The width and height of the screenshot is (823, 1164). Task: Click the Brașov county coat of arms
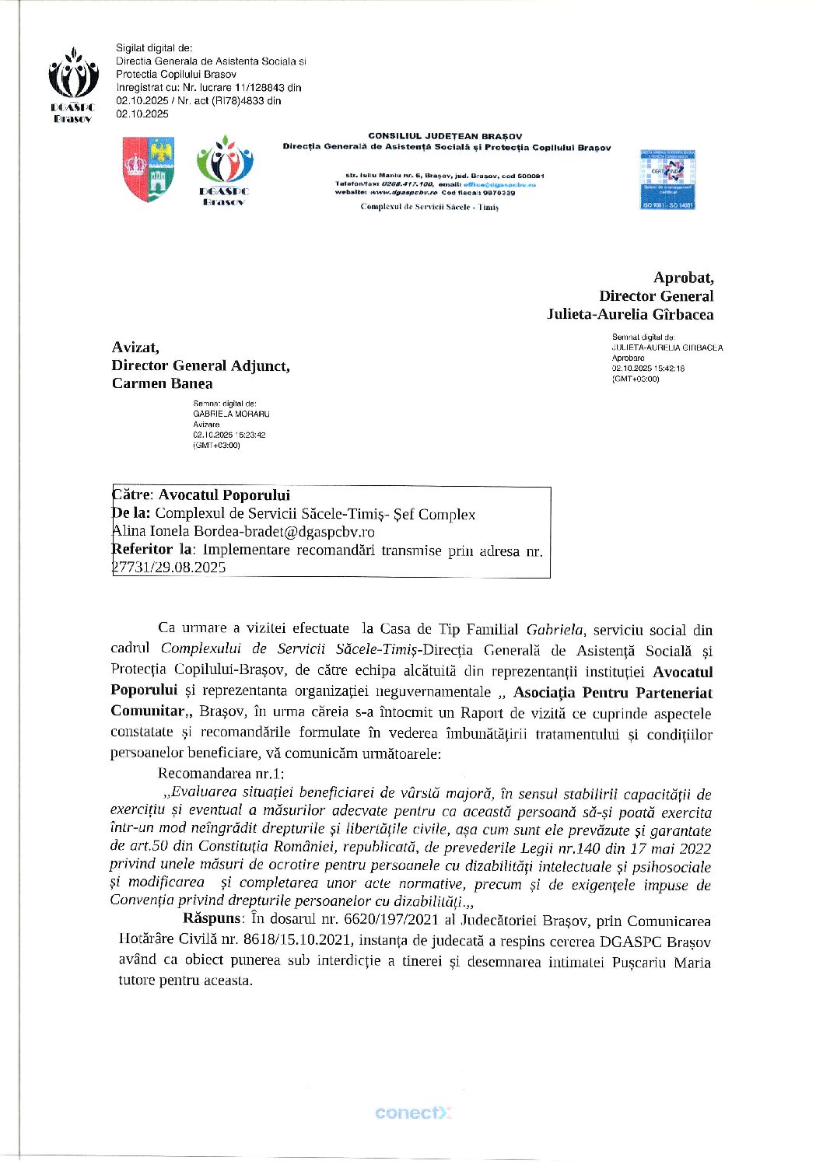coord(148,169)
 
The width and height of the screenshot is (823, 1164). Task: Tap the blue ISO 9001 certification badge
coord(667,179)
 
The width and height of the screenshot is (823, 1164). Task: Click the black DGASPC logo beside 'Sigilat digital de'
coord(72,84)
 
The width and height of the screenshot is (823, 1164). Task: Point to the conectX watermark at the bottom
coord(412,1113)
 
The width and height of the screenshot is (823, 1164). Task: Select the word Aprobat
coord(683,278)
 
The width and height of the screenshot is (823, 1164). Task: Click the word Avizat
coord(135,347)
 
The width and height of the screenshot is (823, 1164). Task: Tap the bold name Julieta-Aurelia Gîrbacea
coord(629,314)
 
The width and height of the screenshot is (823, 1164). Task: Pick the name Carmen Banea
coord(162,383)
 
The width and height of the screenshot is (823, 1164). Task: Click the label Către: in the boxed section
coord(134,495)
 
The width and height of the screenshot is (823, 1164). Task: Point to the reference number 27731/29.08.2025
coord(170,568)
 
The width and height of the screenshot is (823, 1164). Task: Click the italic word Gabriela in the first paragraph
coord(555,629)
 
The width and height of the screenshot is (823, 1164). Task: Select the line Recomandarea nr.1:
coord(221,773)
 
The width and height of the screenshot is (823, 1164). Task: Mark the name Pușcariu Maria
coord(661,962)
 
